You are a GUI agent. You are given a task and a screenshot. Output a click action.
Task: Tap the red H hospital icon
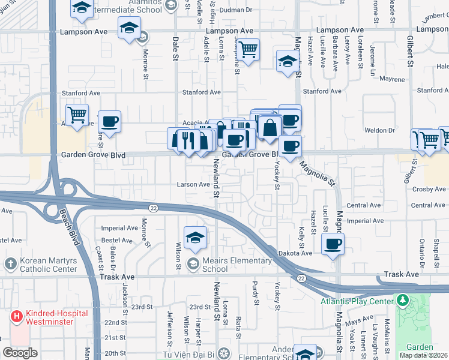click(x=16, y=314)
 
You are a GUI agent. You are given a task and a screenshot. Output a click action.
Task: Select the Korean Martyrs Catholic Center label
click(x=47, y=265)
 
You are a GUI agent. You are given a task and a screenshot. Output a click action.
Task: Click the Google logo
click(x=20, y=353)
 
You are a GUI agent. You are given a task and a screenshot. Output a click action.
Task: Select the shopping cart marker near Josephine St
click(x=247, y=49)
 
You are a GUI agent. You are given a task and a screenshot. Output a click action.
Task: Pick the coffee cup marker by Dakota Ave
click(x=333, y=243)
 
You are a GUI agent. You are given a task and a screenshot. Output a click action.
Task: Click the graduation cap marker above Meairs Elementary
click(x=195, y=238)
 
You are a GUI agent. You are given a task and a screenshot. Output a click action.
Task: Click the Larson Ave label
click(x=192, y=185)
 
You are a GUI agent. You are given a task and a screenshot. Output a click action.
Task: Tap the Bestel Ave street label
click(x=117, y=240)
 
